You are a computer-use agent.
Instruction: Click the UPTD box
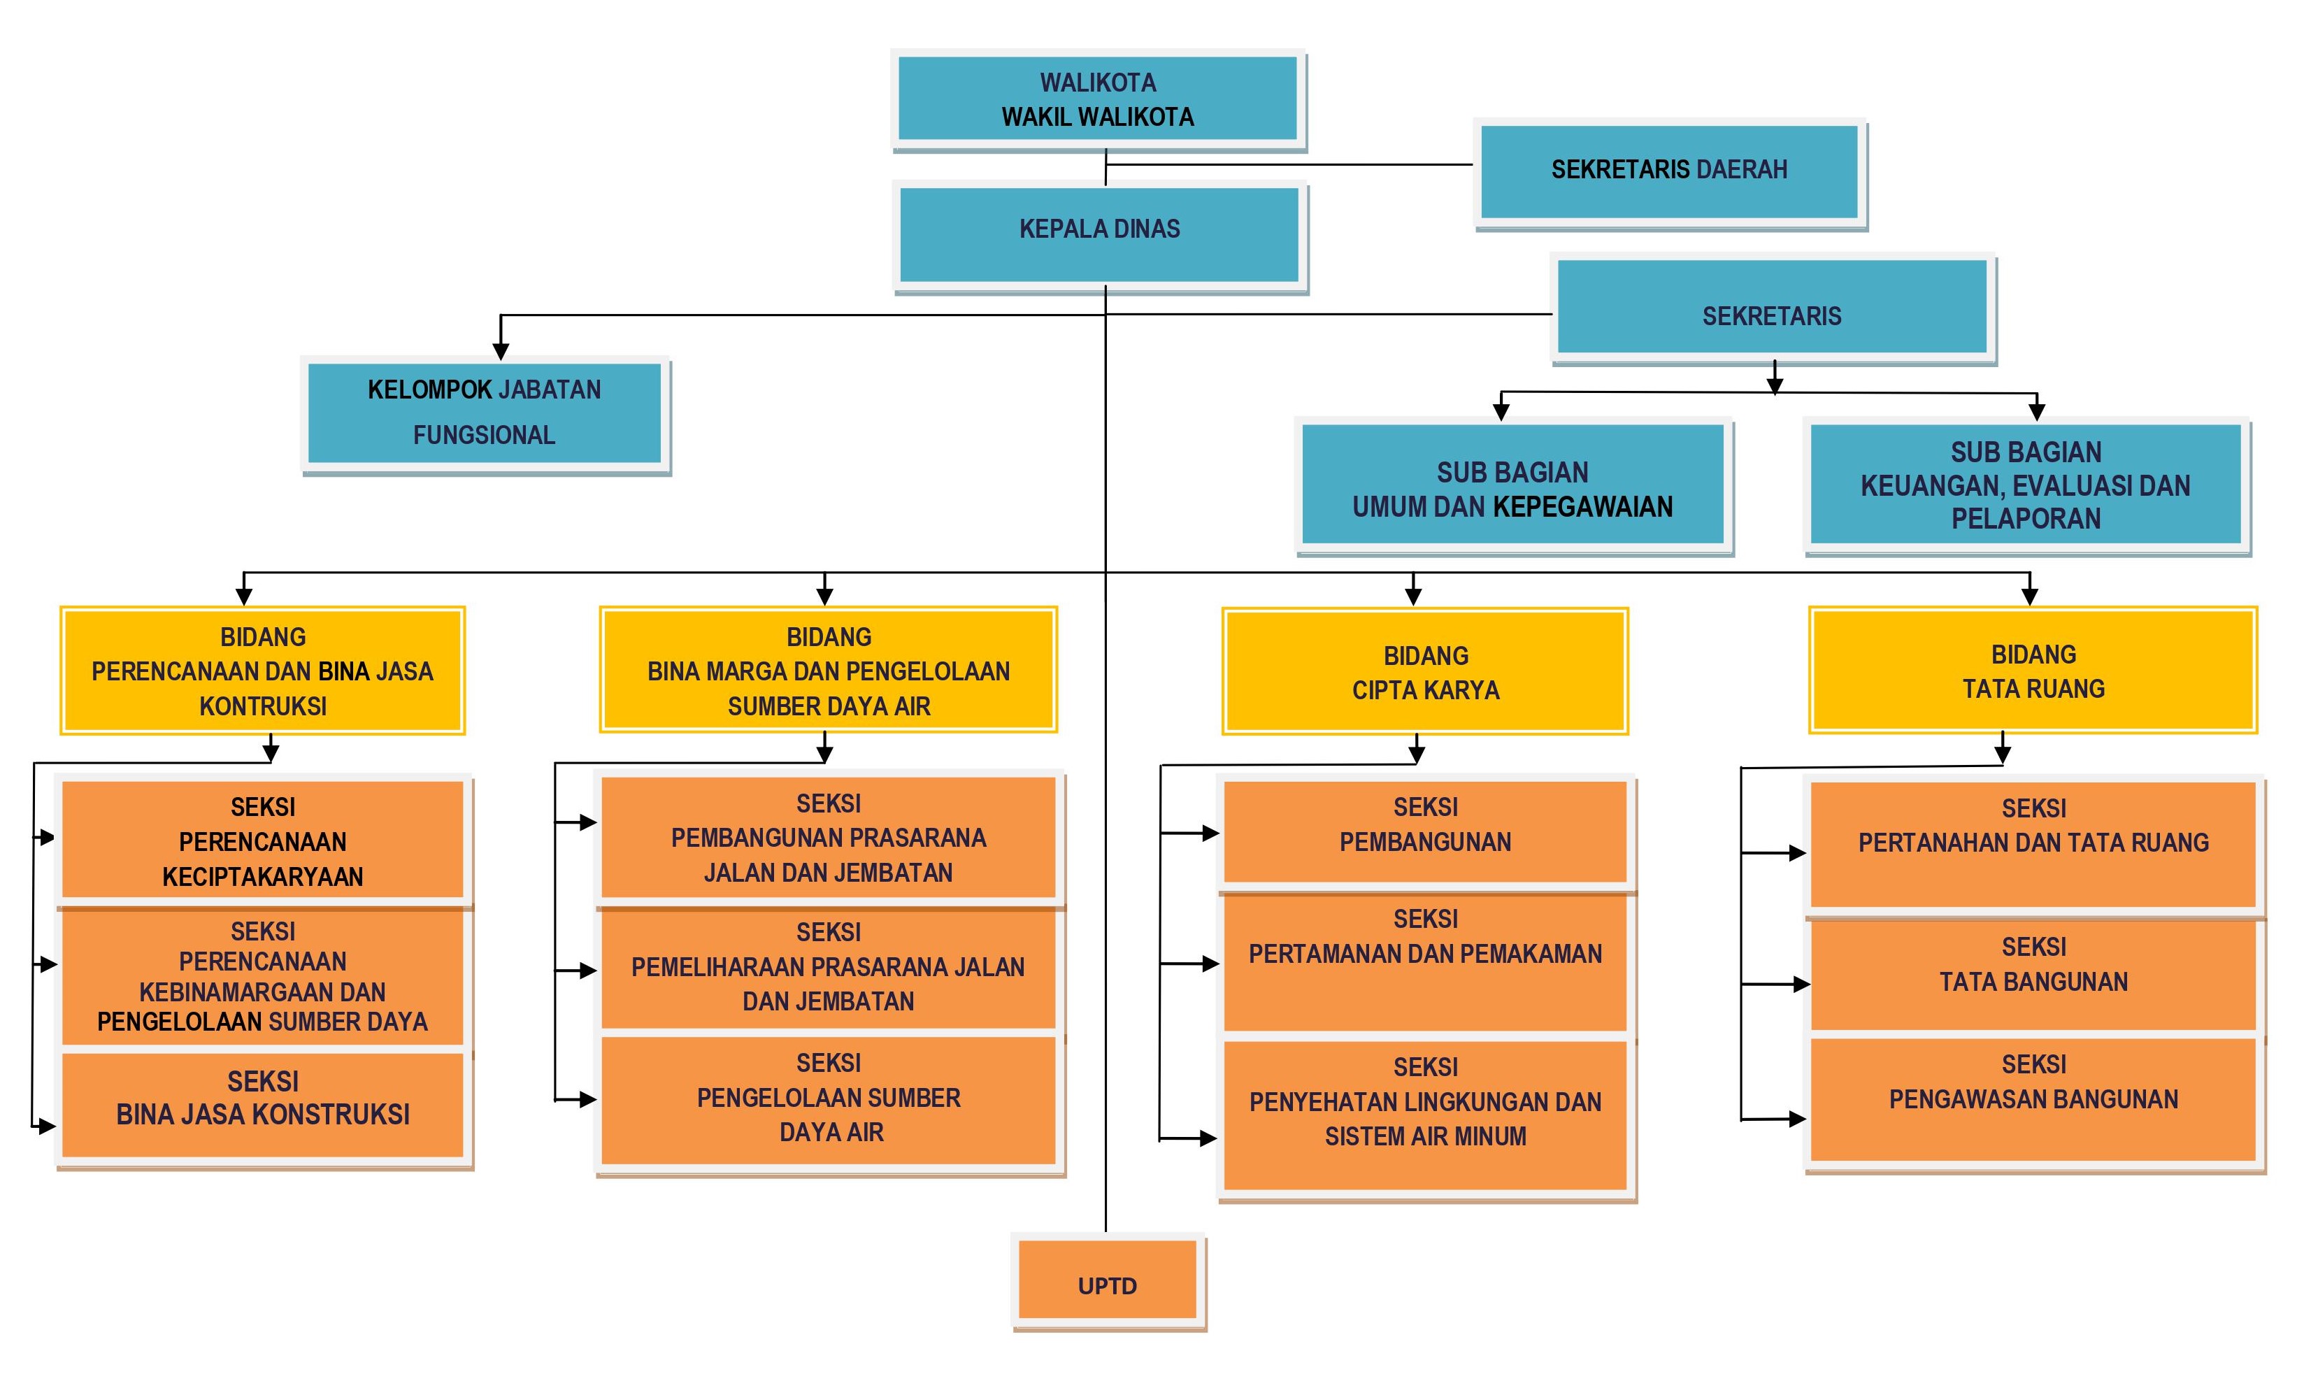[x=1107, y=1280]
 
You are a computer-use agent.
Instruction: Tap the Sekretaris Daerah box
[x=1669, y=172]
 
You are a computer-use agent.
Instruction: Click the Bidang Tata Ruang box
[x=2033, y=671]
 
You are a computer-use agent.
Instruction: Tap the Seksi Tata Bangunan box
[x=2033, y=975]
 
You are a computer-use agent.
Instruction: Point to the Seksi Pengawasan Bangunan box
[x=2033, y=1099]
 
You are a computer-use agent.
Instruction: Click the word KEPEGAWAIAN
[x=1584, y=508]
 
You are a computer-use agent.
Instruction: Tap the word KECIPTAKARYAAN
[x=263, y=877]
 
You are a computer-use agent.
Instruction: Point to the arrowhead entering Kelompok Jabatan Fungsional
[x=501, y=352]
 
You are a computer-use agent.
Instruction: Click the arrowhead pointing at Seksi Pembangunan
[x=1210, y=833]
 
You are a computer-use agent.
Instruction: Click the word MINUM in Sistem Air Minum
[x=1492, y=1136]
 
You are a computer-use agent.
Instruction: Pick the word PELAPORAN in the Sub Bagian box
[x=2026, y=519]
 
